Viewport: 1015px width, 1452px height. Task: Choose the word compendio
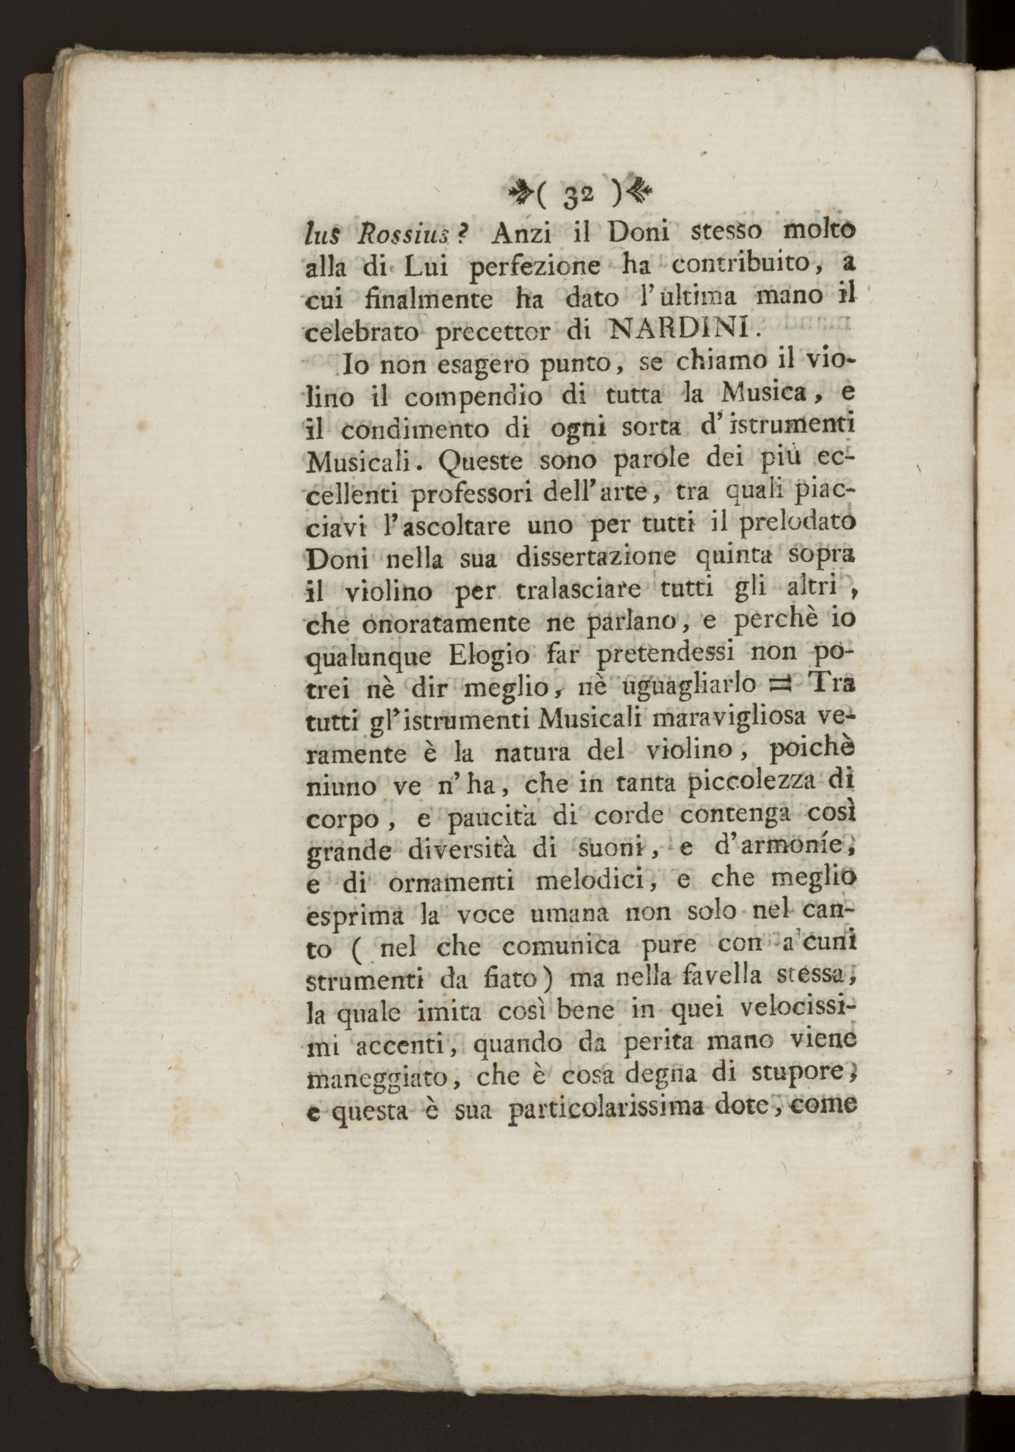click(x=468, y=397)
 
